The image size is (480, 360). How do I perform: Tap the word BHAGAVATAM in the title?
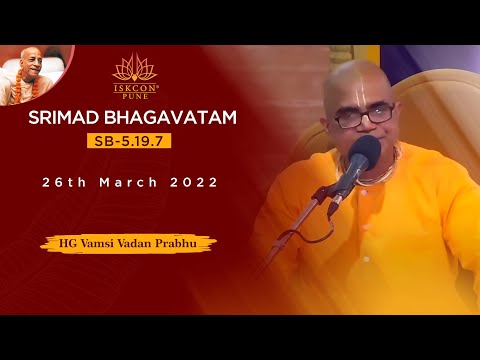coord(177,119)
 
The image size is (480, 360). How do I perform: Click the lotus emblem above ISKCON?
coord(134,68)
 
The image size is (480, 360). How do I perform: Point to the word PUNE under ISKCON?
coord(134,98)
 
